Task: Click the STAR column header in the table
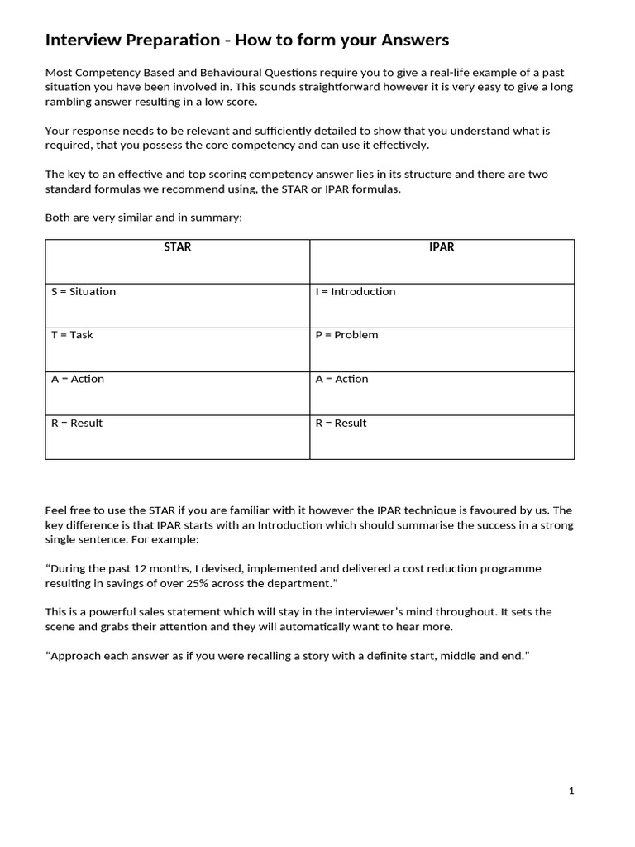(177, 247)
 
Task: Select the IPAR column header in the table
(442, 247)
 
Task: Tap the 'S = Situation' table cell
(83, 291)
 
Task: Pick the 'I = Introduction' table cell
(356, 291)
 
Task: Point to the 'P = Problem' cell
(346, 335)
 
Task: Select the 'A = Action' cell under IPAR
(341, 379)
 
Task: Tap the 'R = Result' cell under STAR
(77, 423)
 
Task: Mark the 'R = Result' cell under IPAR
(341, 423)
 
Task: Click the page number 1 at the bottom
(571, 791)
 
